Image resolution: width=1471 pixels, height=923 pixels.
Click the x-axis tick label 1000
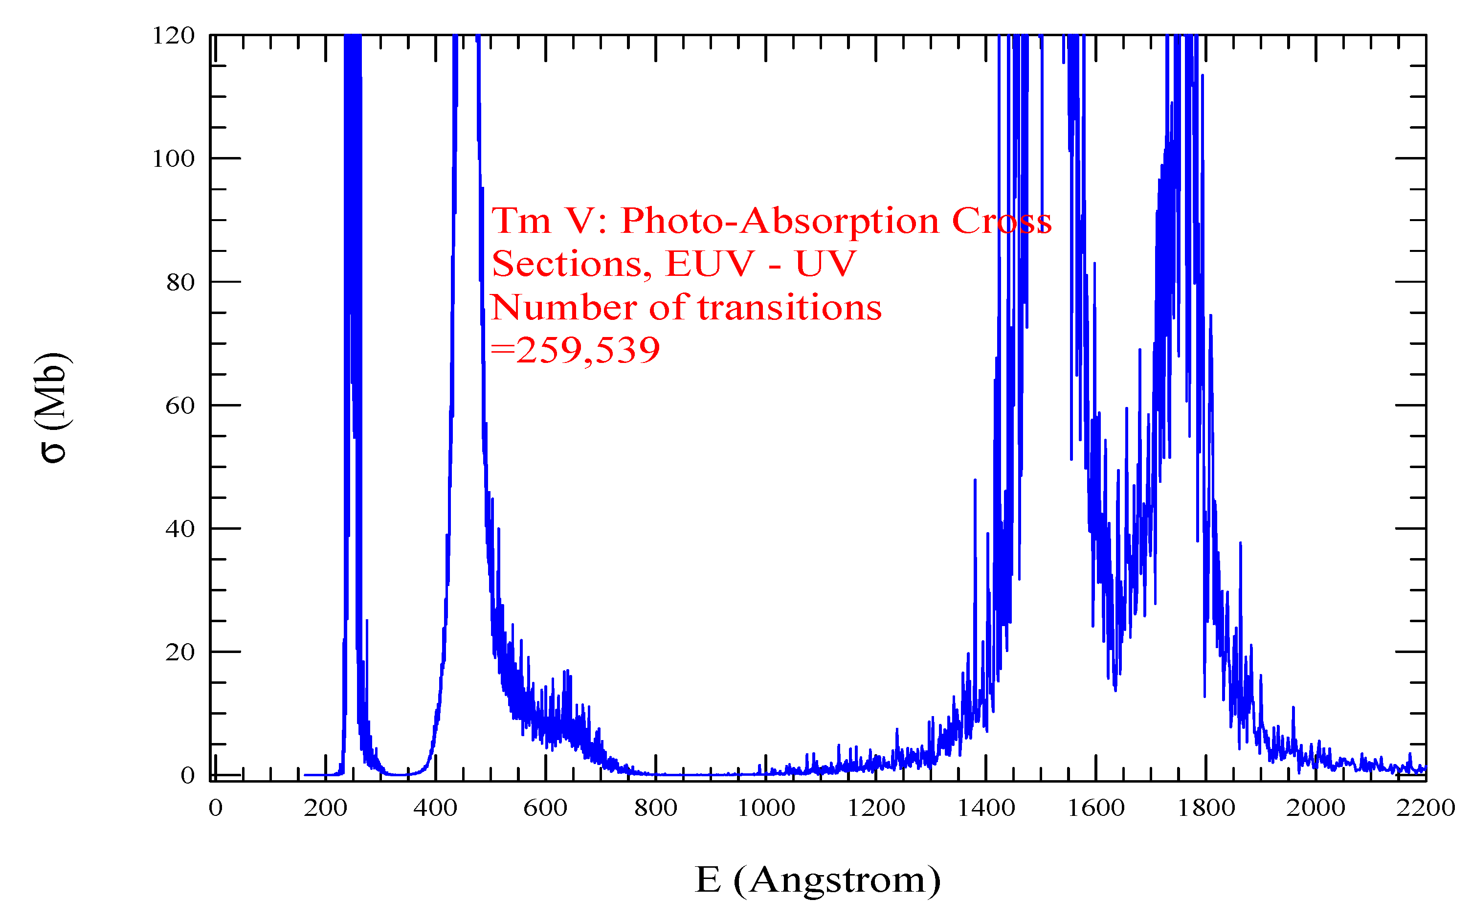coord(766,808)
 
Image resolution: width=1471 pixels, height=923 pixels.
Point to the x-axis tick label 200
coord(325,808)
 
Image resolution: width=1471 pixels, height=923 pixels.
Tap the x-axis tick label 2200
coord(1425,808)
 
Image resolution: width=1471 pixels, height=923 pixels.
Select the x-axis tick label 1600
coord(1096,808)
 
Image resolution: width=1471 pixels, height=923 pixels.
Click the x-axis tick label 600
coord(545,808)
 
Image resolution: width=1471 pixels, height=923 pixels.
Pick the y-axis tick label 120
coord(173,36)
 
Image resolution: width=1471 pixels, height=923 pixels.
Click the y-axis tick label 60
coord(180,405)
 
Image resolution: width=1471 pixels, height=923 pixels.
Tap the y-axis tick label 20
coord(180,652)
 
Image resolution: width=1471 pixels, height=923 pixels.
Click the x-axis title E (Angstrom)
coord(818,880)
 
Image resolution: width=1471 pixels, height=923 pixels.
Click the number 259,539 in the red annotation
coord(587,350)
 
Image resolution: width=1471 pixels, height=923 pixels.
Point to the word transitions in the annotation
coord(789,307)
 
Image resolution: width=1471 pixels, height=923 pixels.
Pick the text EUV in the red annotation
coord(710,264)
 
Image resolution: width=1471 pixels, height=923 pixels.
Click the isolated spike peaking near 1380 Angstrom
coord(975,482)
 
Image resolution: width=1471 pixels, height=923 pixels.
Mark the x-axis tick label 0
coord(215,808)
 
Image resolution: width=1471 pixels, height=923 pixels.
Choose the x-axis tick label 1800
coord(1205,808)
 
